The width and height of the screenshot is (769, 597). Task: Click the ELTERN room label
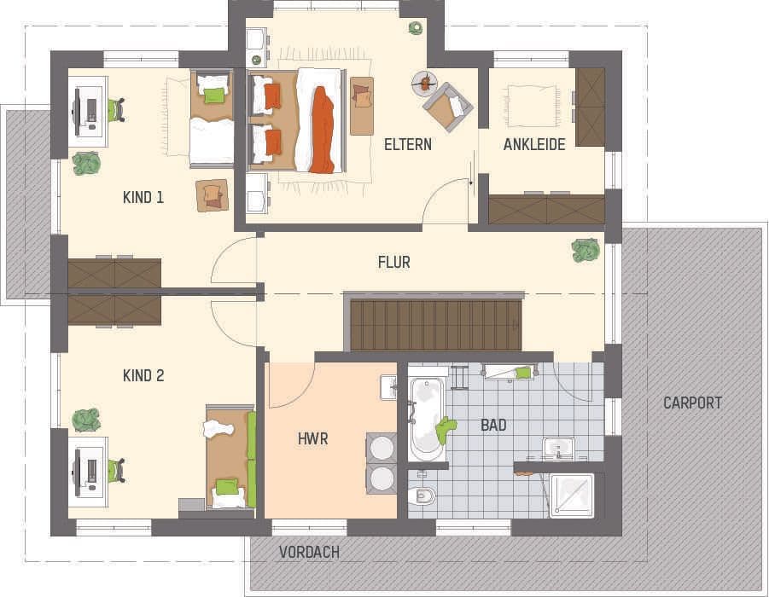(407, 144)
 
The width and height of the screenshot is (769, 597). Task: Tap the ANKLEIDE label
(534, 144)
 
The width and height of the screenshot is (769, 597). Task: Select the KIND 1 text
(143, 197)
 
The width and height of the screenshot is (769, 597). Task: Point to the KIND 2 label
(143, 375)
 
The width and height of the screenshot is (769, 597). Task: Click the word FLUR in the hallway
(393, 263)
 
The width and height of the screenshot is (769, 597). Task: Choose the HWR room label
(313, 439)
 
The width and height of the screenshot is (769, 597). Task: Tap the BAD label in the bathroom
(493, 424)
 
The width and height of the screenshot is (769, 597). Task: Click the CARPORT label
(692, 403)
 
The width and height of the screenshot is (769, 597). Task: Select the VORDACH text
(309, 553)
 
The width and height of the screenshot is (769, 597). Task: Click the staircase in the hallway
(435, 324)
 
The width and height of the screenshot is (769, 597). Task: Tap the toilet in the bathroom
(422, 495)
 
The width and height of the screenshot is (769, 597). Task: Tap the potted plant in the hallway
(585, 250)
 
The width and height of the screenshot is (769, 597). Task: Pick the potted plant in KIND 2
(86, 420)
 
